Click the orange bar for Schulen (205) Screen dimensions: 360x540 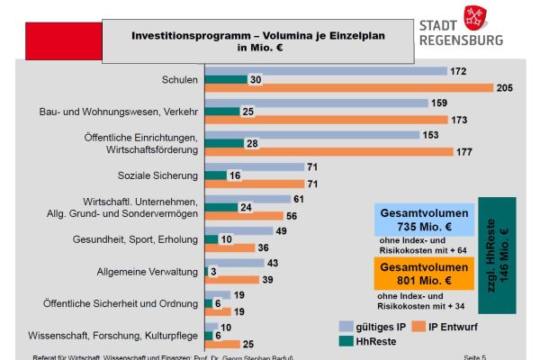coord(349,87)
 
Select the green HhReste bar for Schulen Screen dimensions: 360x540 coord(226,79)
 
